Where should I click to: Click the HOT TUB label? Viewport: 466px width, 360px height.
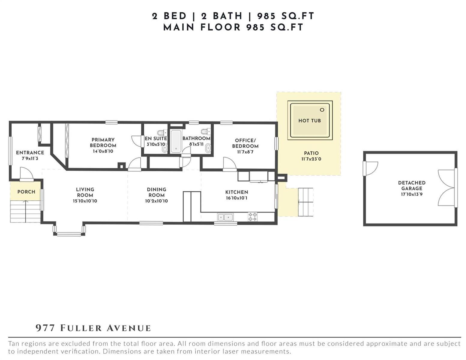(x=309, y=121)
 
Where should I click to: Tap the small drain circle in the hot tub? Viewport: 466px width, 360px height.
(x=322, y=110)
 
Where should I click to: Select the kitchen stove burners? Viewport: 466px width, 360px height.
(x=252, y=217)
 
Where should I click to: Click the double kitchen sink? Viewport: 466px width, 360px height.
(x=225, y=217)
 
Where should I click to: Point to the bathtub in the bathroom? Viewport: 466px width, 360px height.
(x=176, y=141)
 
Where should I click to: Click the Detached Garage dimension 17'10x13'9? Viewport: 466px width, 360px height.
(x=411, y=194)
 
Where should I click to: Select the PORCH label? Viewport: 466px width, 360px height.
(x=26, y=192)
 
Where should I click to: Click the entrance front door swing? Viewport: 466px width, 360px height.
(x=27, y=173)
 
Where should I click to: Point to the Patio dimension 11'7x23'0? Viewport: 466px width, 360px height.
(x=311, y=159)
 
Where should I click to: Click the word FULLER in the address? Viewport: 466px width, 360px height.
(x=81, y=328)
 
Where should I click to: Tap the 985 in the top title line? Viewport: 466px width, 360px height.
(x=266, y=16)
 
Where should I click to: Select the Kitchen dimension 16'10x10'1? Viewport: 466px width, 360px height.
(x=236, y=198)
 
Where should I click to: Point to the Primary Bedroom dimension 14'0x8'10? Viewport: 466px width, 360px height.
(x=103, y=151)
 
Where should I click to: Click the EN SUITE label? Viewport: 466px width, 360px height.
(x=156, y=139)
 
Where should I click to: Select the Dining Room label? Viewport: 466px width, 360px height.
(x=156, y=192)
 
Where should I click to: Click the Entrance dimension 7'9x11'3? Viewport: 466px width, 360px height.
(x=30, y=158)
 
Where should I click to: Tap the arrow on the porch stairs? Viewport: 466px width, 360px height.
(x=26, y=211)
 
